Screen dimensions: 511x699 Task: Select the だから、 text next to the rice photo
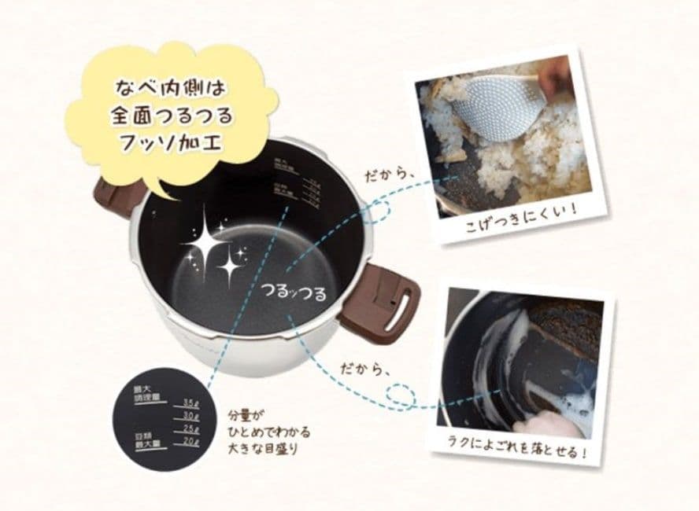point(387,175)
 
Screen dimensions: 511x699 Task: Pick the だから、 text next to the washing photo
point(364,367)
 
